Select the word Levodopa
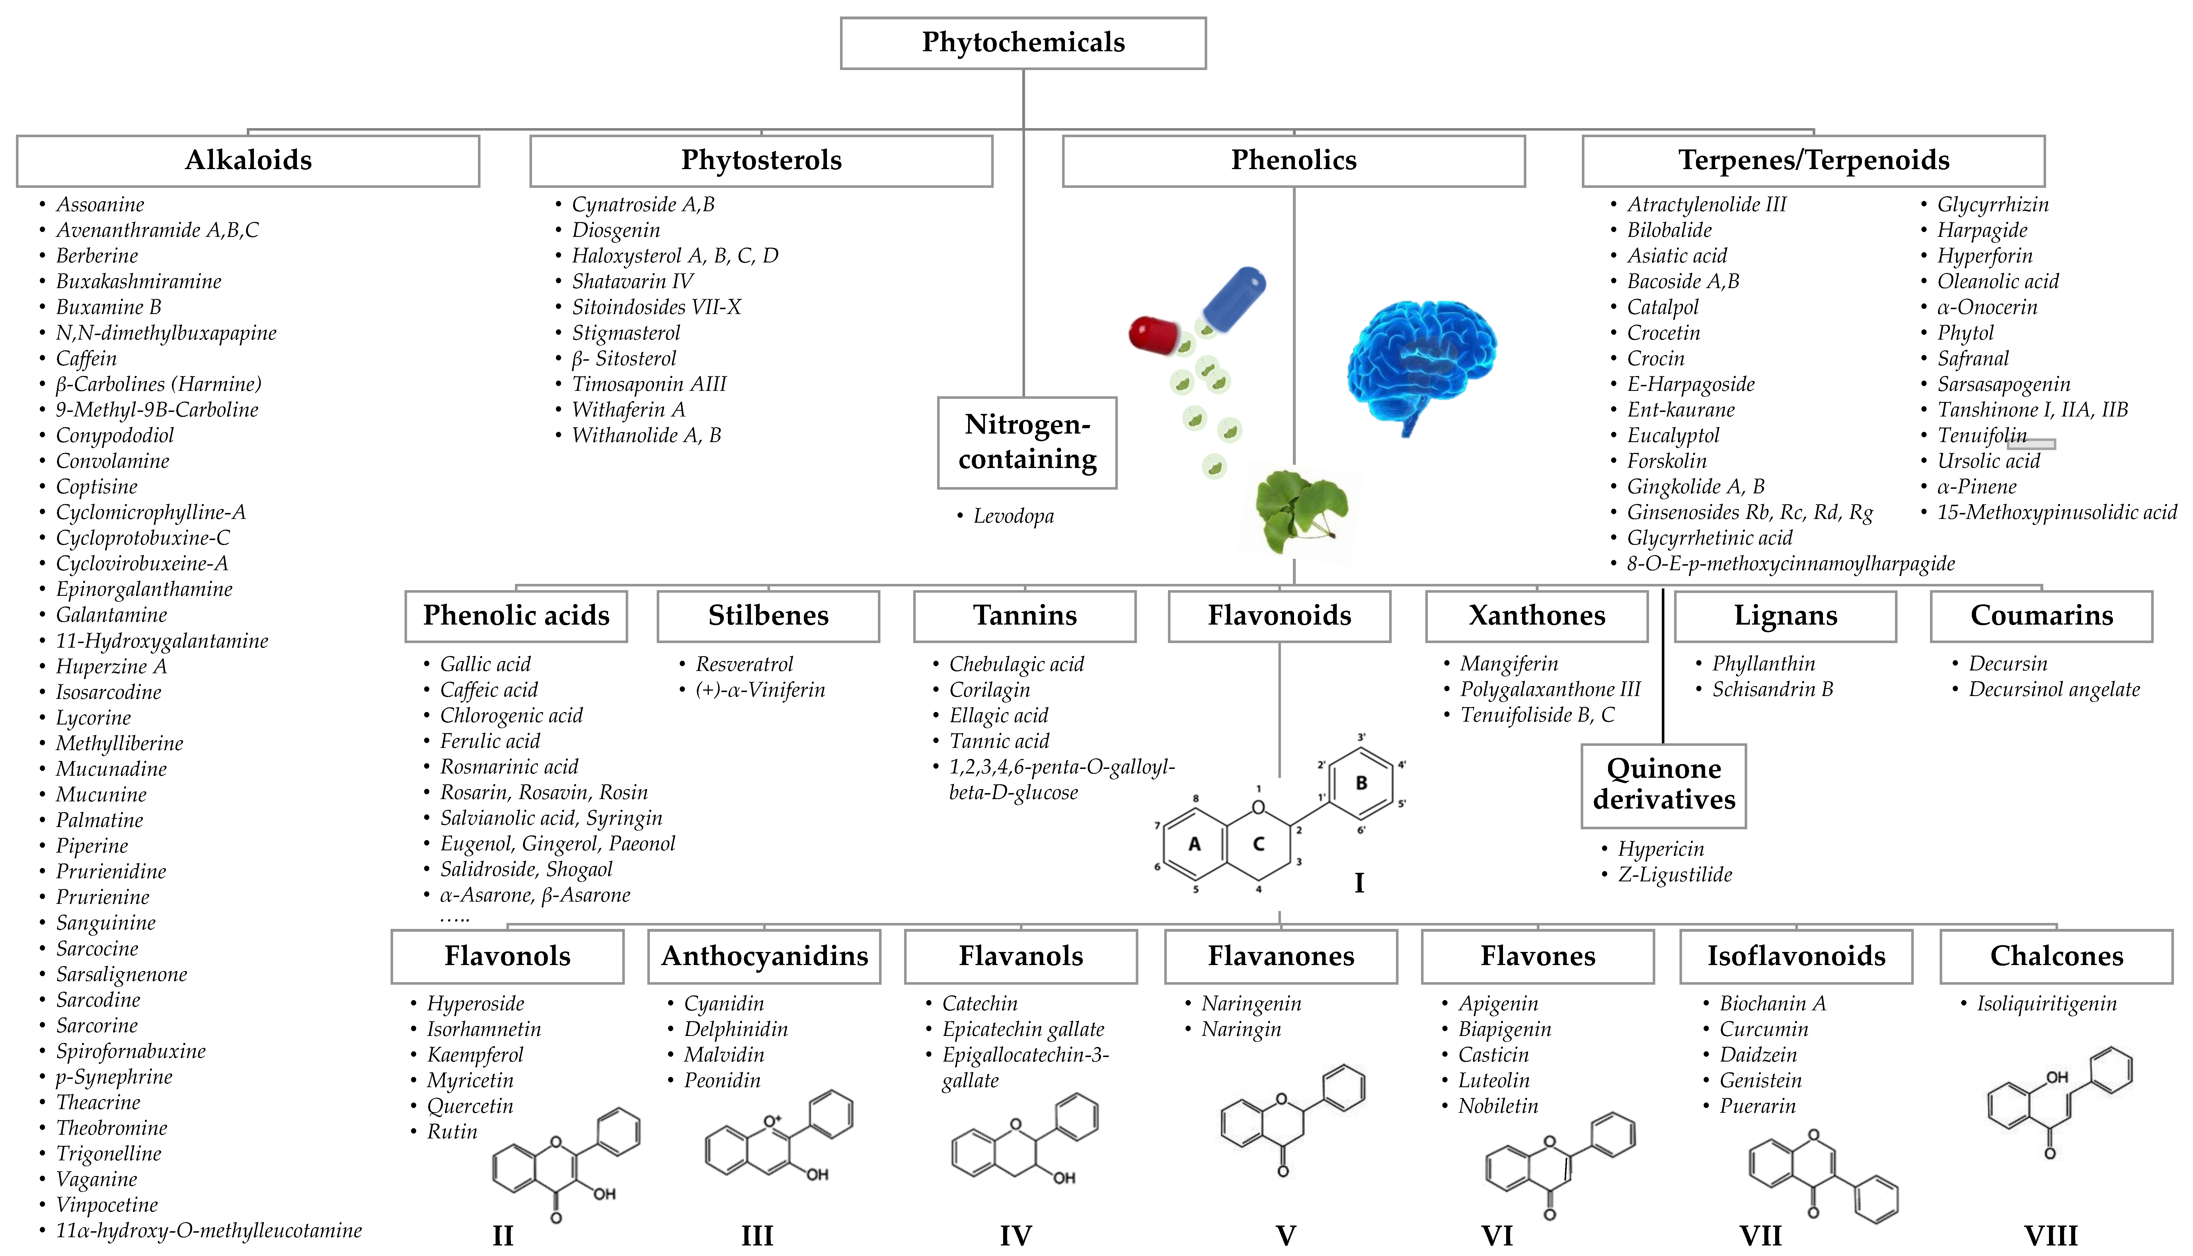pos(1013,516)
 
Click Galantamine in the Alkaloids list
pos(111,615)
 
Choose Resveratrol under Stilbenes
pos(744,664)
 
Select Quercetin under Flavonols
pos(470,1106)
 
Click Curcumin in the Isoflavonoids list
pos(1763,1029)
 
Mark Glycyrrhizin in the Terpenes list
pos(1992,204)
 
